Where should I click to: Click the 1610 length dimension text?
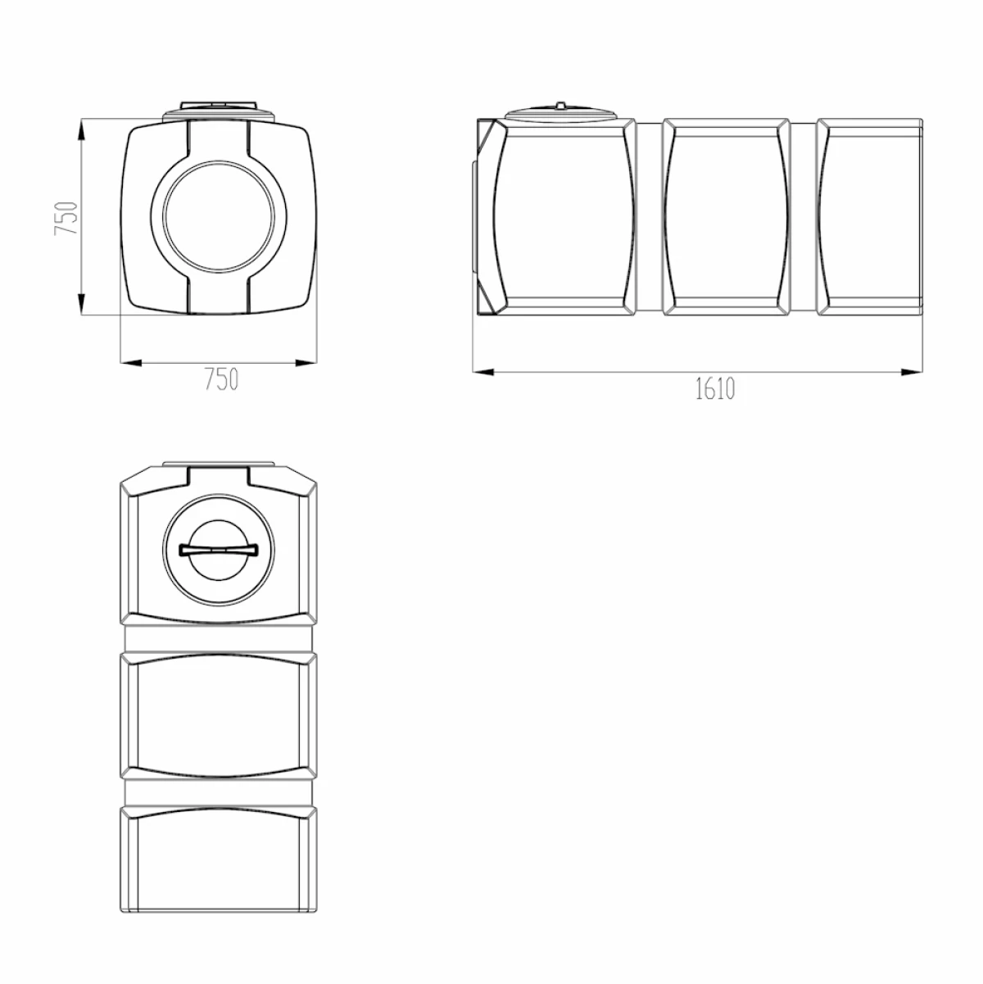tap(715, 388)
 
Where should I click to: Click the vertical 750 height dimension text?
tap(66, 218)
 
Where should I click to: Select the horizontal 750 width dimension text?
tap(222, 379)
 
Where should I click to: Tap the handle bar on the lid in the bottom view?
tap(219, 550)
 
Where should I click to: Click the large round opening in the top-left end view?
tap(219, 216)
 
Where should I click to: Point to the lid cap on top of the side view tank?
tap(560, 111)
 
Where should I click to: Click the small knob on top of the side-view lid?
tap(560, 105)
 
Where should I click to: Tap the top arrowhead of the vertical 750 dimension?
tap(81, 130)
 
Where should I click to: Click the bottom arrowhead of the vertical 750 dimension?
tap(81, 304)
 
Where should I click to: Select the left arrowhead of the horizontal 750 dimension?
tap(131, 363)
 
